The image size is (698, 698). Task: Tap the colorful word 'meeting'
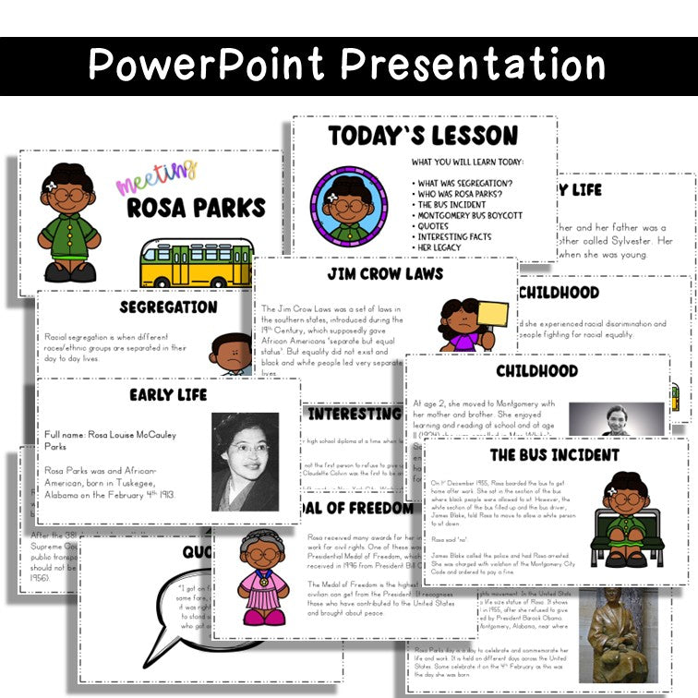156,176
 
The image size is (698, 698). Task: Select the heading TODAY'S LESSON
423,136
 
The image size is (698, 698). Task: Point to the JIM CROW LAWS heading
385,274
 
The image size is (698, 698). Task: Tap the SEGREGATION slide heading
168,307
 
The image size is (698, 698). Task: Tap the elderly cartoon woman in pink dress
261,578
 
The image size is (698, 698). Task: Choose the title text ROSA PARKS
196,208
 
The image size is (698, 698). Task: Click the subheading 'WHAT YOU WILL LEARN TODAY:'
467,162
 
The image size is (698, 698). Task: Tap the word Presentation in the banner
474,65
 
